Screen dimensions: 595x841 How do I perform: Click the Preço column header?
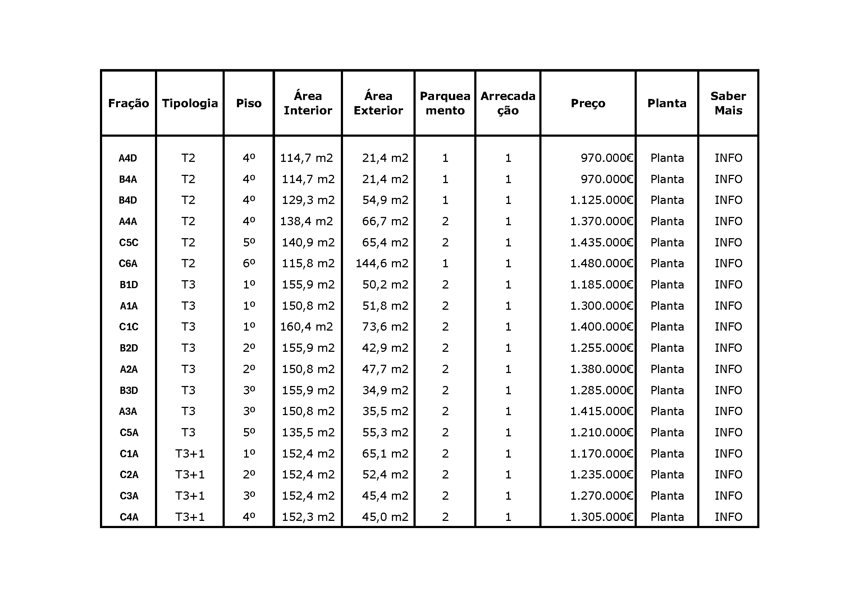pyautogui.click(x=588, y=103)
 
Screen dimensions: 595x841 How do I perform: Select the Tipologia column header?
pyautogui.click(x=190, y=103)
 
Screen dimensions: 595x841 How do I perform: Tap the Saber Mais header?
pyautogui.click(x=728, y=103)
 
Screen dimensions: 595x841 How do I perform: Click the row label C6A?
pyautogui.click(x=128, y=263)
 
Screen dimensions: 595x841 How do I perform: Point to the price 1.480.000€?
pyautogui.click(x=602, y=263)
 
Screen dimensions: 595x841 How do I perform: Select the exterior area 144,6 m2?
pyautogui.click(x=382, y=263)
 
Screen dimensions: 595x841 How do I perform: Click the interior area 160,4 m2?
pyautogui.click(x=307, y=326)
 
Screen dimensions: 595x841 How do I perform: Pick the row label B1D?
pyautogui.click(x=129, y=285)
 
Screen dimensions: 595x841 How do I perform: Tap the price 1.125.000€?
pyautogui.click(x=602, y=200)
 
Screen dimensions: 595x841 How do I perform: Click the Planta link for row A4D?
pyautogui.click(x=667, y=158)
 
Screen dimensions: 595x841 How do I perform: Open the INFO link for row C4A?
pyautogui.click(x=728, y=517)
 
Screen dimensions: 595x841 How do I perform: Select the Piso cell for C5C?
pyautogui.click(x=249, y=242)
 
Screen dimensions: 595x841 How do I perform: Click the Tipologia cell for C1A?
pyautogui.click(x=190, y=454)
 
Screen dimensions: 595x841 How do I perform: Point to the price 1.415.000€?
pyautogui.click(x=602, y=411)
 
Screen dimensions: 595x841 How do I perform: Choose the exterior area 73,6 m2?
pyautogui.click(x=385, y=326)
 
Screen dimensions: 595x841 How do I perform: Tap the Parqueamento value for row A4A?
pyautogui.click(x=445, y=221)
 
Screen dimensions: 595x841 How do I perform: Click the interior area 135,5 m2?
pyautogui.click(x=308, y=432)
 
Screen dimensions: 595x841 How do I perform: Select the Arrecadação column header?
pyautogui.click(x=508, y=103)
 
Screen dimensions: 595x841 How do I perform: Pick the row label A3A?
pyautogui.click(x=128, y=411)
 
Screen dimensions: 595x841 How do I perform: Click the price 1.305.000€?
pyautogui.click(x=602, y=517)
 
